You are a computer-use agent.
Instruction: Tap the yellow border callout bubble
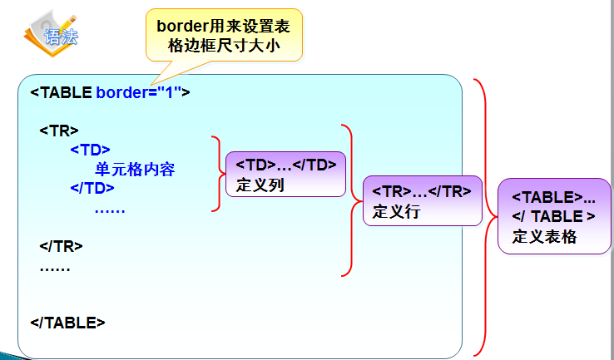click(224, 34)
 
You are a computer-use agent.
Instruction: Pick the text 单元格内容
click(135, 169)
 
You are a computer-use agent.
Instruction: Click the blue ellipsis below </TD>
click(109, 208)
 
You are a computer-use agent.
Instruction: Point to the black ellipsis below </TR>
click(55, 266)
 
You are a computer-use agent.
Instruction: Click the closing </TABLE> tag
click(67, 323)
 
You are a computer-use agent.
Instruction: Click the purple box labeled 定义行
click(422, 200)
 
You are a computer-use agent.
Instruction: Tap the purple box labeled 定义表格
click(553, 216)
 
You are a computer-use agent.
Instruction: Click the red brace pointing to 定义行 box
click(349, 200)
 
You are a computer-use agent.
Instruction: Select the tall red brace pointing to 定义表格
click(483, 216)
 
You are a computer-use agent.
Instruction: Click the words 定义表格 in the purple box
click(544, 235)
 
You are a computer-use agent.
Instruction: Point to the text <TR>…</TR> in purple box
click(422, 191)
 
